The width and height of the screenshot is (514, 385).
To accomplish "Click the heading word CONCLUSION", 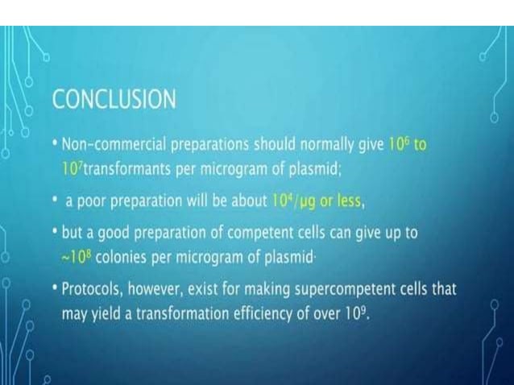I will coord(114,100).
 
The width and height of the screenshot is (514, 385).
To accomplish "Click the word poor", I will coord(93,199).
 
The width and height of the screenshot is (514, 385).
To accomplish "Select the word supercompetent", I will coord(363,288).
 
